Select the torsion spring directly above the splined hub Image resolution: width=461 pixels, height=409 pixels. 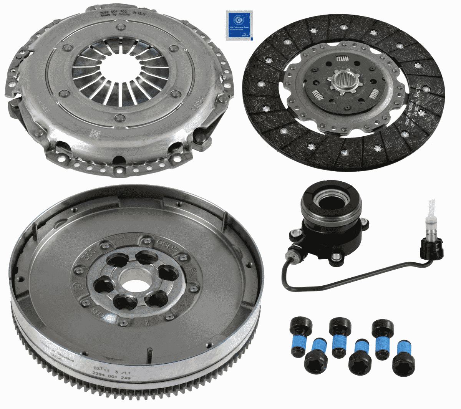(x=342, y=60)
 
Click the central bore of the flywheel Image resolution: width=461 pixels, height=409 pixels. (x=134, y=280)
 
